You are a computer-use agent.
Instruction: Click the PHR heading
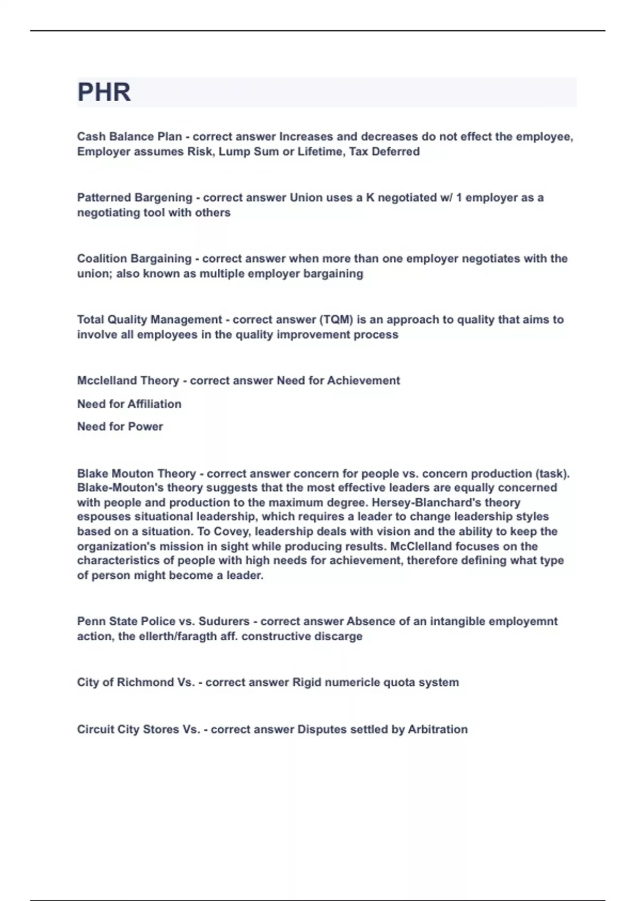pos(104,92)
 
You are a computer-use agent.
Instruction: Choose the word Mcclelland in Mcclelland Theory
pos(104,381)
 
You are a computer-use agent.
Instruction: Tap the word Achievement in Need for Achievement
pos(364,381)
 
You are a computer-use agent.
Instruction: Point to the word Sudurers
pos(224,621)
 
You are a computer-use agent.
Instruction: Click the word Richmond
pos(145,683)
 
